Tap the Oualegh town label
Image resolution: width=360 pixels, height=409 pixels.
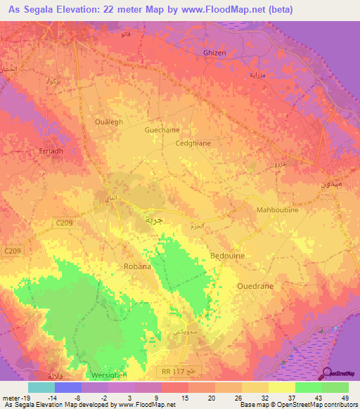click(108, 122)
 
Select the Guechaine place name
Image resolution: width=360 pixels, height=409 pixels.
click(161, 129)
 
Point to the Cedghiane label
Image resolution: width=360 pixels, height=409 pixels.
click(193, 143)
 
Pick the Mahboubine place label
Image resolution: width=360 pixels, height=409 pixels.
click(277, 209)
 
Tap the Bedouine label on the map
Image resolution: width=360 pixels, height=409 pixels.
click(227, 256)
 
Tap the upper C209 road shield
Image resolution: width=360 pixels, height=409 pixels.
click(63, 223)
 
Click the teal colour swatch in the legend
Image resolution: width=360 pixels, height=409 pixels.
click(41, 387)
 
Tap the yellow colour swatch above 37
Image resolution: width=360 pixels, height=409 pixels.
click(282, 387)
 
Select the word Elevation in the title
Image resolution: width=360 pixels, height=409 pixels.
click(82, 10)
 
